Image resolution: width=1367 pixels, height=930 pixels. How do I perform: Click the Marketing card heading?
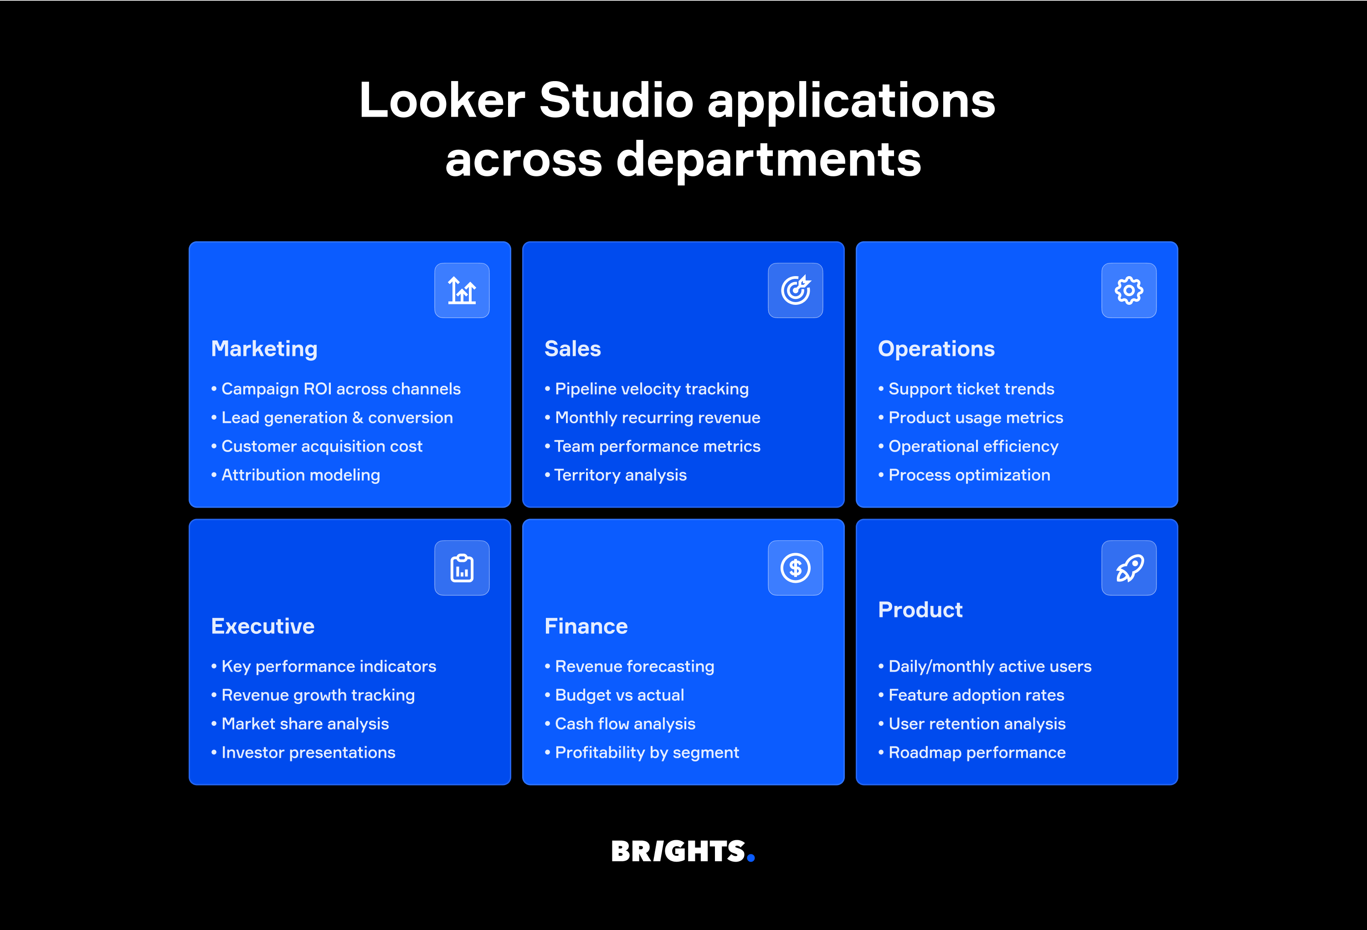pyautogui.click(x=264, y=349)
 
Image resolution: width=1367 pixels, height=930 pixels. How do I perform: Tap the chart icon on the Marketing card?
pyautogui.click(x=462, y=291)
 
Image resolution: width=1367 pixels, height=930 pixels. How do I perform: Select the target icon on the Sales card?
pyautogui.click(x=795, y=291)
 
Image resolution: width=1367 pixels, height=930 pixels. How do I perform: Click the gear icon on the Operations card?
pyautogui.click(x=1129, y=291)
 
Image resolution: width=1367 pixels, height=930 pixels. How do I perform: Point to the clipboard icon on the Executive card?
pyautogui.click(x=462, y=568)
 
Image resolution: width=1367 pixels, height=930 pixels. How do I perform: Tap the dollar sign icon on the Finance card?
pyautogui.click(x=795, y=568)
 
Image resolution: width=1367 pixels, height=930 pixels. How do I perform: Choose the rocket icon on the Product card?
pyautogui.click(x=1129, y=568)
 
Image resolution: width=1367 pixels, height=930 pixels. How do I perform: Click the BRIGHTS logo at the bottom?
pyautogui.click(x=682, y=851)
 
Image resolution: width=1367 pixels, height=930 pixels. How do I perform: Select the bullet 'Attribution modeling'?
pyautogui.click(x=301, y=475)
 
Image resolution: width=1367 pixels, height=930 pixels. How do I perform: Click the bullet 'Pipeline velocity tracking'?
pyautogui.click(x=652, y=389)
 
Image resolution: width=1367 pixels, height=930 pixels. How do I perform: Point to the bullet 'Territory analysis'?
pyautogui.click(x=621, y=475)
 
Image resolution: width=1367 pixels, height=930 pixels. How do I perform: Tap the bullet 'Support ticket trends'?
pyautogui.click(x=971, y=389)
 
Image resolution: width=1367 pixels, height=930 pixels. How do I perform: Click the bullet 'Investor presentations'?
pyautogui.click(x=308, y=753)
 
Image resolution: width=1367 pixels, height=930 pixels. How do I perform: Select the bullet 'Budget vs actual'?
pyautogui.click(x=619, y=695)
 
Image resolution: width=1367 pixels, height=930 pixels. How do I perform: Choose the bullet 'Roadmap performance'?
pyautogui.click(x=977, y=753)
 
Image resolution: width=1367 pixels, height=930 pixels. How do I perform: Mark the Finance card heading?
pyautogui.click(x=586, y=627)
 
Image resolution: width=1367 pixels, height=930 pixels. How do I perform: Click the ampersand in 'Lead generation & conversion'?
pyautogui.click(x=358, y=418)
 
